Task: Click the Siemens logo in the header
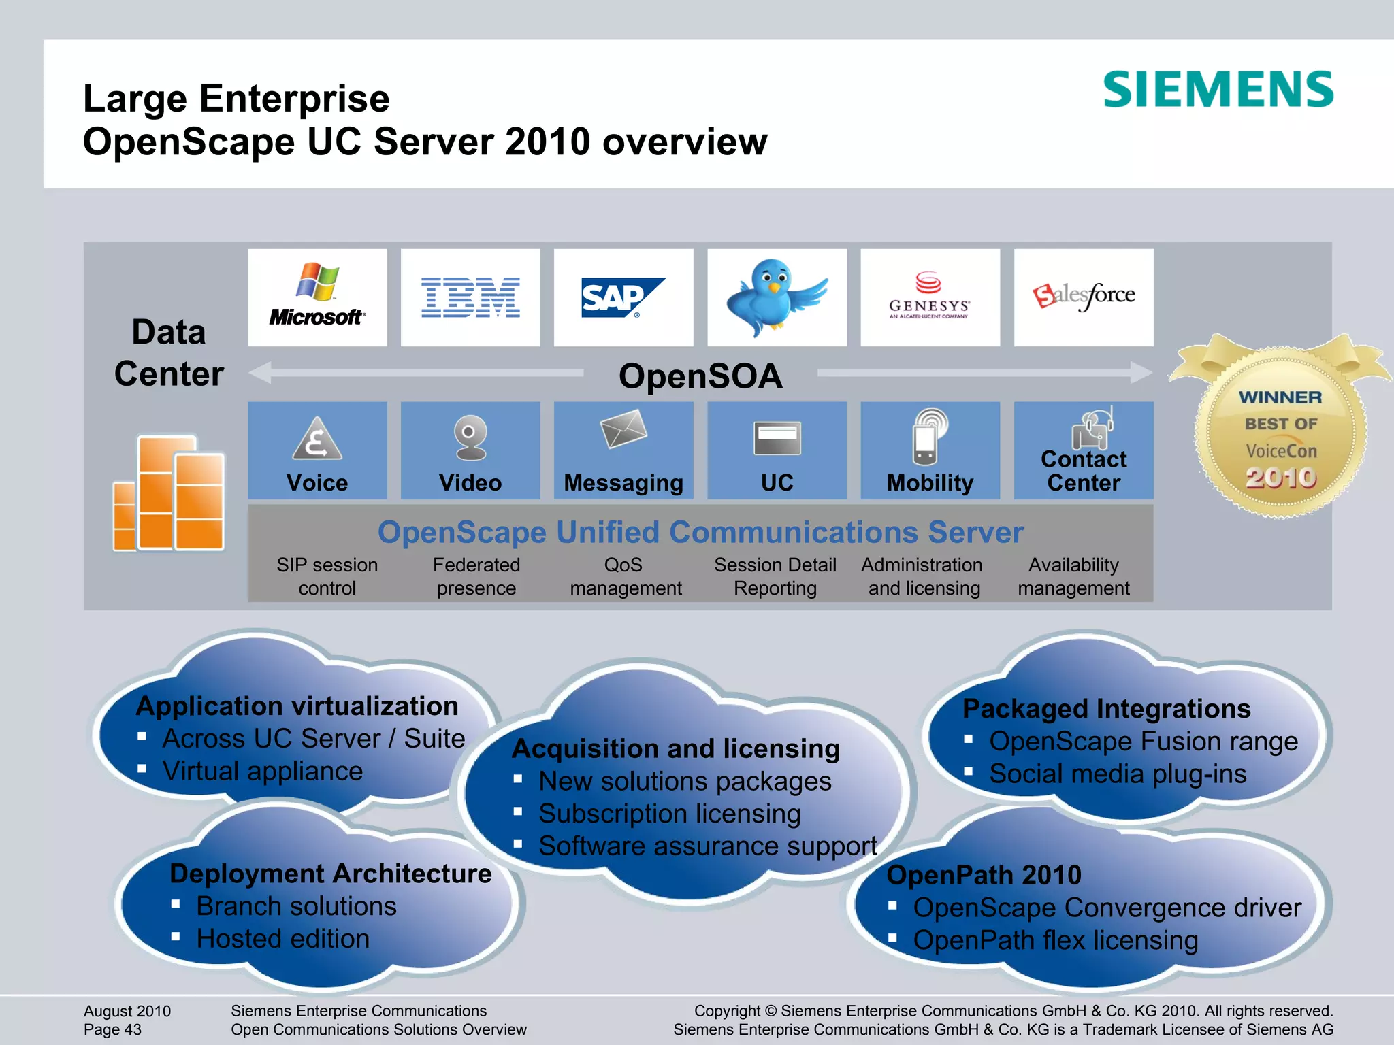pyautogui.click(x=1218, y=89)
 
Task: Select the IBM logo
pyautogui.click(x=470, y=297)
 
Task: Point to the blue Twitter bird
pyautogui.click(x=776, y=296)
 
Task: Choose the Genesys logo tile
pyautogui.click(x=930, y=297)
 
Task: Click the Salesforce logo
pyautogui.click(x=1084, y=296)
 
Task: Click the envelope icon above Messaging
pyautogui.click(x=623, y=429)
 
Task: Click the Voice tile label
pyautogui.click(x=317, y=482)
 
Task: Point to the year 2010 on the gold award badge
pyautogui.click(x=1281, y=478)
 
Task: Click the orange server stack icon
pyautogui.click(x=169, y=493)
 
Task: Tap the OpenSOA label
pyautogui.click(x=700, y=376)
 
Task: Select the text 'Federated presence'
pyautogui.click(x=476, y=576)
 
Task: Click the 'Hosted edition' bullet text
pyautogui.click(x=282, y=939)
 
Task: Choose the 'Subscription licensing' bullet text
pyautogui.click(x=669, y=814)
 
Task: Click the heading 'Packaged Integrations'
pyautogui.click(x=1106, y=708)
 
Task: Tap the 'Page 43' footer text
pyautogui.click(x=112, y=1029)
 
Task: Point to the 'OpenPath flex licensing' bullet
pyautogui.click(x=1055, y=940)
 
